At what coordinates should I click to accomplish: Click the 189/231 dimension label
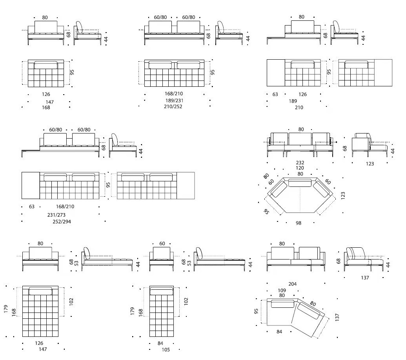coord(174,101)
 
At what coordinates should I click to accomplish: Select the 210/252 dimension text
coord(173,106)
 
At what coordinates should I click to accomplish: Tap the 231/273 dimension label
coord(56,215)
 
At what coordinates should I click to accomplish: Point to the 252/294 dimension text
coord(62,221)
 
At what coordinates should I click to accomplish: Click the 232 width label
coord(300,163)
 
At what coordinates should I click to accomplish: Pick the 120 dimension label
coord(300,168)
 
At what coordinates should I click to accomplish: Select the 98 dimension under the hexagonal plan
coord(299,223)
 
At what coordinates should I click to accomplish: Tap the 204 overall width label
coord(293,284)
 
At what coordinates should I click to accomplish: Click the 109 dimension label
coord(282,291)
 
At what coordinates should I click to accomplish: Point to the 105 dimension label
coord(166,350)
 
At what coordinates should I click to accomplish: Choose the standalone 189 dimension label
coord(293,101)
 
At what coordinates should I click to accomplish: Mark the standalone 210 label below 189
coord(299,107)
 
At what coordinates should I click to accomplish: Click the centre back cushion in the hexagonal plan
coord(300,183)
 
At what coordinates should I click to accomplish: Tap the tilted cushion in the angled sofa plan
coord(309,311)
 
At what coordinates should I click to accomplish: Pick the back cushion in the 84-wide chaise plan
coord(162,292)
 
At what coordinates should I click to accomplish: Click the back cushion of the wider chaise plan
coord(40,291)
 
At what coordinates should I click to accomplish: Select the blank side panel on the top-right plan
coord(383,73)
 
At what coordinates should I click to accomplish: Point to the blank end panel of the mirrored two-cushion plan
coord(186,186)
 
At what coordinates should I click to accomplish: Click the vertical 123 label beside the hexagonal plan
coord(343,195)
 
